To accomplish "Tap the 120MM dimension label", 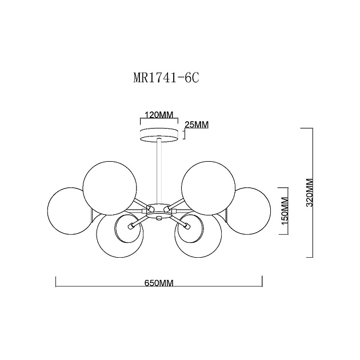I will click(x=159, y=115).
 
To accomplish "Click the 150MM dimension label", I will click(x=285, y=211).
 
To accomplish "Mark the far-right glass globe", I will click(x=248, y=210).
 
